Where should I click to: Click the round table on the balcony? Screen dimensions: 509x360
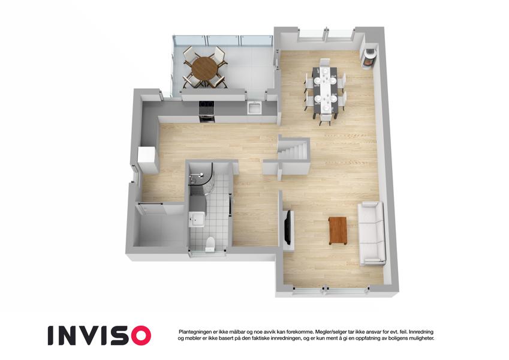pyautogui.click(x=204, y=68)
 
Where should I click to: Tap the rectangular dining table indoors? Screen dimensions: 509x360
pyautogui.click(x=325, y=89)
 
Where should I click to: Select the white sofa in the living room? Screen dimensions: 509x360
pyautogui.click(x=372, y=233)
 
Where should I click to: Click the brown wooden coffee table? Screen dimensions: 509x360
pyautogui.click(x=338, y=230)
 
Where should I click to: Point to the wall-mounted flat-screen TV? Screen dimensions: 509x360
pyautogui.click(x=287, y=227)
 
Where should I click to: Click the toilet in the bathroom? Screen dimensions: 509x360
pyautogui.click(x=210, y=244)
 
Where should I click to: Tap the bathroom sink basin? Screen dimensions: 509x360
pyautogui.click(x=197, y=219)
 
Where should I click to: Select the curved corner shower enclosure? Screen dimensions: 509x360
pyautogui.click(x=201, y=179)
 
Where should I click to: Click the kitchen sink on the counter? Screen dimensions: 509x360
pyautogui.click(x=254, y=107)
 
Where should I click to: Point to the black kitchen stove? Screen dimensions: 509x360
pyautogui.click(x=207, y=112)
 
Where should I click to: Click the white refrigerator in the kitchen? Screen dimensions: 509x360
pyautogui.click(x=147, y=160)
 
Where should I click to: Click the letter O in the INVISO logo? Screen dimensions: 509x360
pyautogui.click(x=138, y=335)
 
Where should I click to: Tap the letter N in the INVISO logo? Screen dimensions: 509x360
pyautogui.click(x=68, y=335)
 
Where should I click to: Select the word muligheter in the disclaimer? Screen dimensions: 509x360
pyautogui.click(x=421, y=338)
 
